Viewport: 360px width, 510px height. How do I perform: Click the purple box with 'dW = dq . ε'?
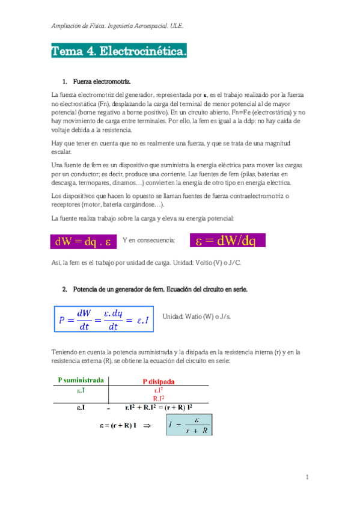(x=83, y=242)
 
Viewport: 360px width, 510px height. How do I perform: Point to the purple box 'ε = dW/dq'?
(x=227, y=241)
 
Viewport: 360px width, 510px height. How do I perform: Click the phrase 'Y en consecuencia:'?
(x=148, y=241)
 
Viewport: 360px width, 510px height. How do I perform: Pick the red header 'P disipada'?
(x=159, y=381)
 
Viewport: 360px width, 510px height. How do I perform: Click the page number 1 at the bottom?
(x=307, y=478)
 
